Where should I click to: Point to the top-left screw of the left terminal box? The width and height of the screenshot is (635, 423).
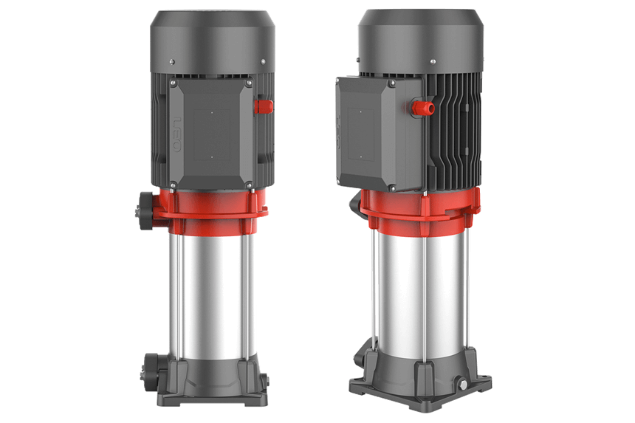point(173,83)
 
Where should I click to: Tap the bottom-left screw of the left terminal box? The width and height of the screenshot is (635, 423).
point(172,184)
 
